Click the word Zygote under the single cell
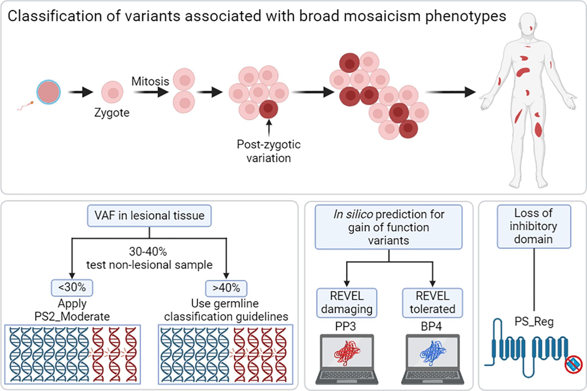[x=112, y=113]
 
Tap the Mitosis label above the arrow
[x=150, y=81]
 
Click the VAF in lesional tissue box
[x=150, y=216]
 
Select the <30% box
[x=72, y=288]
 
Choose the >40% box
[x=226, y=288]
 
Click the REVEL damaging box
[x=347, y=303]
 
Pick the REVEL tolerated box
[x=433, y=303]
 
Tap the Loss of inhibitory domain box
[x=534, y=227]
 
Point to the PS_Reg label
[x=534, y=322]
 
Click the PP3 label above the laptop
[x=346, y=326]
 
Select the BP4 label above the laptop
[x=431, y=326]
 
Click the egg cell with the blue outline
[x=49, y=92]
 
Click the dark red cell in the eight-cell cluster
[x=268, y=110]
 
